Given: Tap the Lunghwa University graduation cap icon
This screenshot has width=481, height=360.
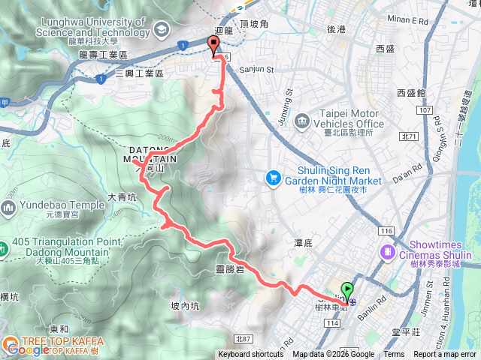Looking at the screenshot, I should pos(160,29).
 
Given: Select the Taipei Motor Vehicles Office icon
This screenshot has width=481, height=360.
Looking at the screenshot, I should pos(301,120).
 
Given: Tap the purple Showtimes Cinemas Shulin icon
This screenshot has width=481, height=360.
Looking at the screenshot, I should pos(388,251).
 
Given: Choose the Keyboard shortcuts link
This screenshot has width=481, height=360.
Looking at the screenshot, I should pos(251,355).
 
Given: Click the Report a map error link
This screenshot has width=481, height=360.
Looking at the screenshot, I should pos(446,355).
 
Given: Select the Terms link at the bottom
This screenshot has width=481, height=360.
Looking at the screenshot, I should pos(394,355).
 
